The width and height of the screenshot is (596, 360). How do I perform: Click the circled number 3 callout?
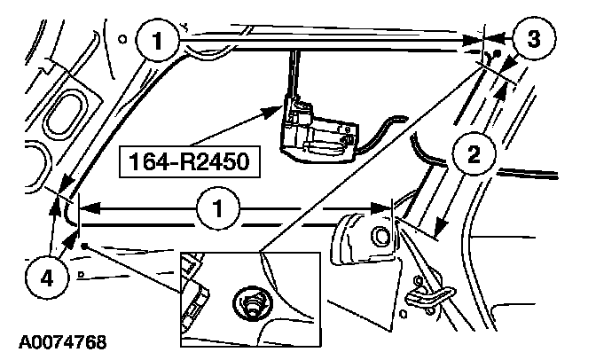click(x=534, y=38)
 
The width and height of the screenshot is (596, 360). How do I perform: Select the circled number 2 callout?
click(x=474, y=154)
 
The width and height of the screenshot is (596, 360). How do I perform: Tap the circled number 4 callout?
click(x=47, y=278)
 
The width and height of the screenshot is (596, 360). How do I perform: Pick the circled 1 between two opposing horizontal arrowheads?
click(x=218, y=208)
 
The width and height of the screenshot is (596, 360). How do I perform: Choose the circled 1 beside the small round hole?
click(x=157, y=40)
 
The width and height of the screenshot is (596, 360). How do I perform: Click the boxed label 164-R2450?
click(x=190, y=161)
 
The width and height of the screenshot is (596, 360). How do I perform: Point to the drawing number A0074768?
click(x=63, y=342)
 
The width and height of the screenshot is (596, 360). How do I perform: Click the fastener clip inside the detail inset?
click(x=252, y=301)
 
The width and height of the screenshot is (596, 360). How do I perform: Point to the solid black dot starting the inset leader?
click(x=84, y=247)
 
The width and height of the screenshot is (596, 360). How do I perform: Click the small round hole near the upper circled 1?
click(x=122, y=39)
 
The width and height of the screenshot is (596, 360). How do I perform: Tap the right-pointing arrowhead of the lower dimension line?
click(x=380, y=208)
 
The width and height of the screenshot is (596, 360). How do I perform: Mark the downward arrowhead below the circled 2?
click(x=441, y=227)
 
